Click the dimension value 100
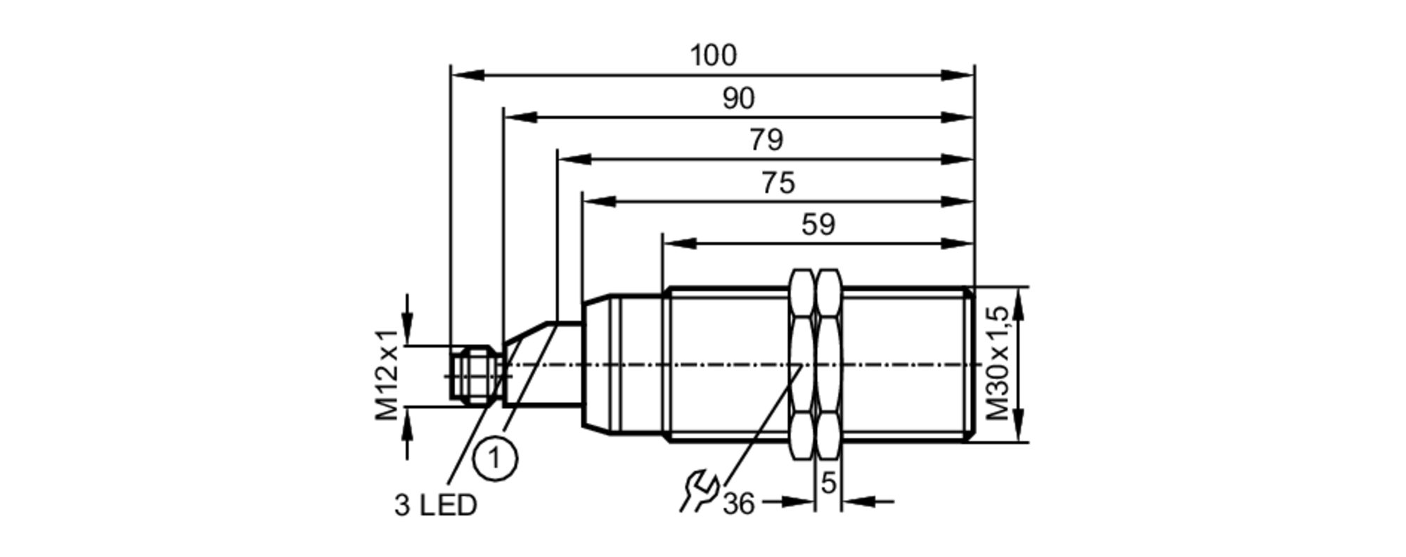coord(713,55)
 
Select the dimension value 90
coord(738,99)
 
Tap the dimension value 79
coord(766,140)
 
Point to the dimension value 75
coord(778,183)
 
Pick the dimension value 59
coord(818,225)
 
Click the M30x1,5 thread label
coord(999,364)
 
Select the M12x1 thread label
coord(387,375)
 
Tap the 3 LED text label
coord(435,506)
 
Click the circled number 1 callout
coord(496,459)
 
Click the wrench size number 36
coord(738,504)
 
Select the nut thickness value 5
coord(829,483)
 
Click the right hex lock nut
coord(829,364)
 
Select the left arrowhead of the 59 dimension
coord(679,244)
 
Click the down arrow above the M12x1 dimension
coord(407,330)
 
